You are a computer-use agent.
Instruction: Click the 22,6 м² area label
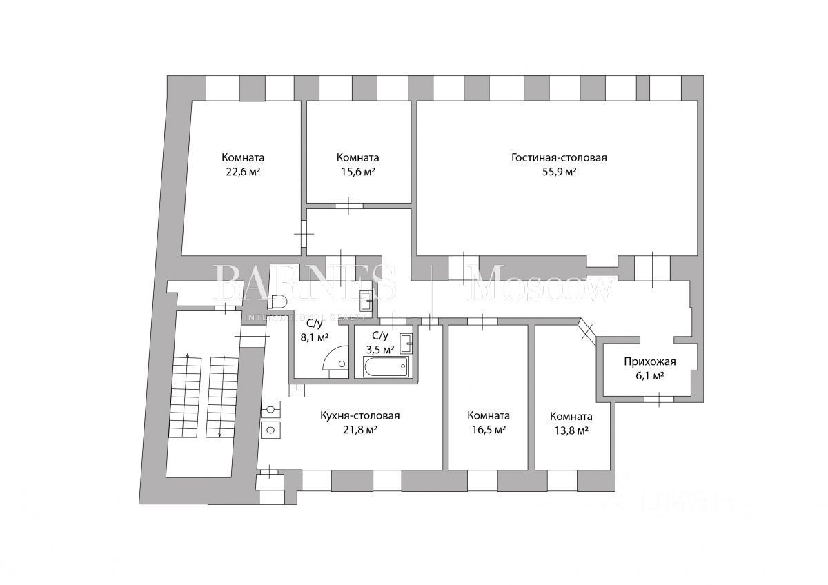pos(243,172)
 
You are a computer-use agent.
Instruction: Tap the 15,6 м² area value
pos(357,172)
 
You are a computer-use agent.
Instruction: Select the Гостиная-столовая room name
pos(559,157)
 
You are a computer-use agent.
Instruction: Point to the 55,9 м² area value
pos(559,172)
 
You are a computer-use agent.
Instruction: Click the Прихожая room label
pos(649,361)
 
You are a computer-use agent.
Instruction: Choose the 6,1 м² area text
pos(649,376)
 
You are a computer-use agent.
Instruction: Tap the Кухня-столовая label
pos(360,415)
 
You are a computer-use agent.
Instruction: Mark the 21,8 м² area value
pos(360,430)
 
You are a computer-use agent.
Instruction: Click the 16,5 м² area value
pos(489,430)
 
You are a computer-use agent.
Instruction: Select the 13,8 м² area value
pos(571,430)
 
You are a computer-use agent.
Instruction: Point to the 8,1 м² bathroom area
pos(314,337)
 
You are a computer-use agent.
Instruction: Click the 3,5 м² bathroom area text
pos(379,349)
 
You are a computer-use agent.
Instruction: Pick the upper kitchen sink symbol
pos(271,410)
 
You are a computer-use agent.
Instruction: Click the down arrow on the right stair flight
pos(220,433)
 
